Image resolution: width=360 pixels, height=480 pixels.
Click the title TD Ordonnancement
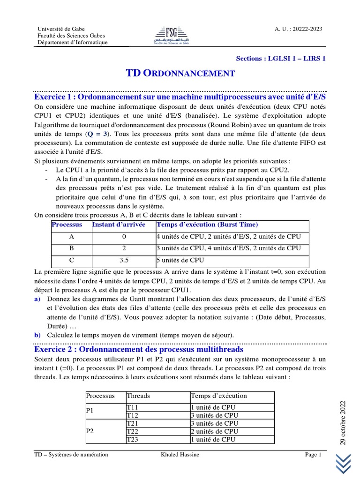(x=180, y=73)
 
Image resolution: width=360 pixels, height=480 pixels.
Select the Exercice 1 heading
(x=180, y=97)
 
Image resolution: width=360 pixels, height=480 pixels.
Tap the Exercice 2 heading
(x=139, y=350)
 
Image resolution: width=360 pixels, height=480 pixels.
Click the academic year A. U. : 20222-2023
(x=298, y=29)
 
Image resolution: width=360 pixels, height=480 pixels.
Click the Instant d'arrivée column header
(x=119, y=225)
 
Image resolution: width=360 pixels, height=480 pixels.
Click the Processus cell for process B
(x=72, y=248)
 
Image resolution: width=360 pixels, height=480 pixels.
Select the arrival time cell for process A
(x=123, y=237)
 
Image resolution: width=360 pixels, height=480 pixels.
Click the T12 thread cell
(x=133, y=415)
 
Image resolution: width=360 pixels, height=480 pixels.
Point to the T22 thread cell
(x=133, y=431)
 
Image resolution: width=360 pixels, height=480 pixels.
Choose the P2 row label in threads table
(x=90, y=431)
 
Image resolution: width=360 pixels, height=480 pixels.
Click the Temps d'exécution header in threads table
(x=218, y=396)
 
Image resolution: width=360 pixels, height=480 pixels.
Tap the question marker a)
(x=37, y=299)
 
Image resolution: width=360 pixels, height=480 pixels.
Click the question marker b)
(x=37, y=335)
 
